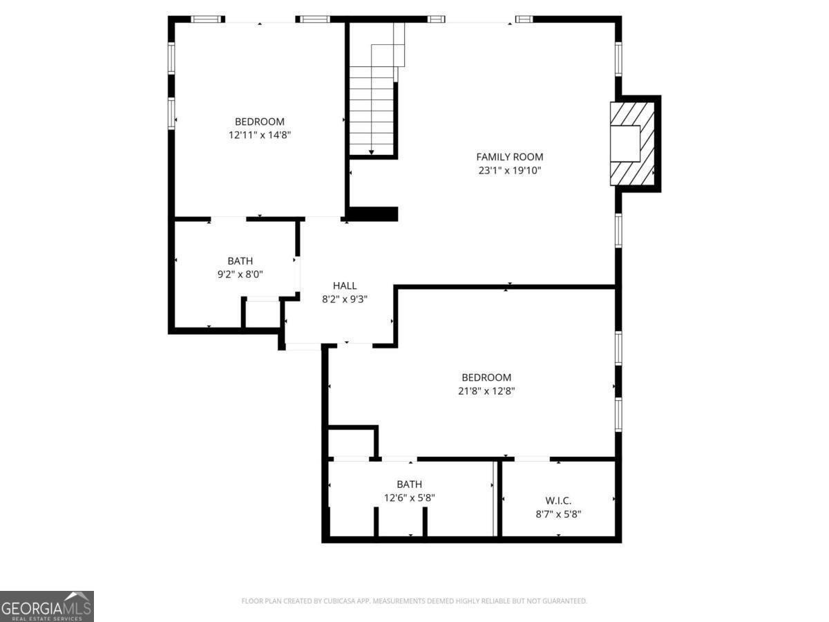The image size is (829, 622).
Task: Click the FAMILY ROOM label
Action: (x=510, y=157)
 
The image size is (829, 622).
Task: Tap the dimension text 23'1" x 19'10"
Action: (x=510, y=170)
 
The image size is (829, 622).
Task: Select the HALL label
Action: (x=345, y=285)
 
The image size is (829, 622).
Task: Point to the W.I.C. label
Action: (x=558, y=500)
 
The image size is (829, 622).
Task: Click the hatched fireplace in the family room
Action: (x=631, y=143)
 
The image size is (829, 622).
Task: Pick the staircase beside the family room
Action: (x=373, y=104)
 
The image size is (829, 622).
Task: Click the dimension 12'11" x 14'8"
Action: (x=259, y=135)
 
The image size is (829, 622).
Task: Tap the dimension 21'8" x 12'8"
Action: (x=486, y=390)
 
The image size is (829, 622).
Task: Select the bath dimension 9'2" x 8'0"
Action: (x=240, y=274)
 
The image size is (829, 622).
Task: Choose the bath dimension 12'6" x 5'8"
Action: (x=409, y=497)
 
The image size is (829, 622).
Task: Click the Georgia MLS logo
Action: (x=46, y=606)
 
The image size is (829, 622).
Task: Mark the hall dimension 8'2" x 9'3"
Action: (x=345, y=299)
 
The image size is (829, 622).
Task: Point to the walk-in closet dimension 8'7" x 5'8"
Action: (x=558, y=513)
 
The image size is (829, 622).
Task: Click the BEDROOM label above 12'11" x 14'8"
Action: (x=259, y=122)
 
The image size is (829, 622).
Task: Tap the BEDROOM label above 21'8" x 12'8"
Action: (x=486, y=377)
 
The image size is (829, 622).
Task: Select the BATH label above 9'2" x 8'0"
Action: (x=240, y=261)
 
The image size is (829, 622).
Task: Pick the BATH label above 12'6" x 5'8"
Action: (x=409, y=484)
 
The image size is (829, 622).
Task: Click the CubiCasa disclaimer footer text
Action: (x=414, y=601)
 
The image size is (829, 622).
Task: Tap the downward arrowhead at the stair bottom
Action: (x=372, y=152)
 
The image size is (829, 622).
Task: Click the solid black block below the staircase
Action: (x=373, y=214)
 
